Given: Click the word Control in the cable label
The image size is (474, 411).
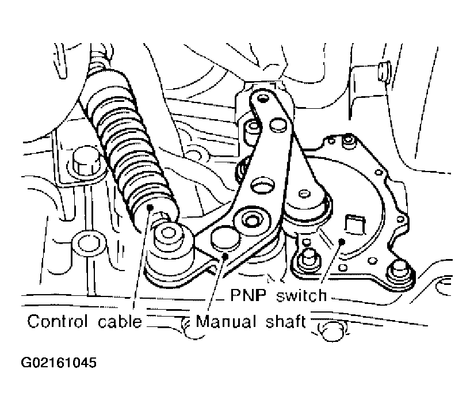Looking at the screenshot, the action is (x=58, y=321).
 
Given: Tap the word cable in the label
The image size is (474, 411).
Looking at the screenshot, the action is (x=120, y=321).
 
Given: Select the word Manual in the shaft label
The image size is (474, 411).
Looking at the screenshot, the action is (x=226, y=321).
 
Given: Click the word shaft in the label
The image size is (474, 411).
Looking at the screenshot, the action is (x=286, y=321).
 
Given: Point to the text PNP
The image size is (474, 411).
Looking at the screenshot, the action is (x=249, y=295).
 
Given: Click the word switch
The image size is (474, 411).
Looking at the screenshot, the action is (x=301, y=295).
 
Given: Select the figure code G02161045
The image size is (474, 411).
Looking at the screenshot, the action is (x=59, y=362).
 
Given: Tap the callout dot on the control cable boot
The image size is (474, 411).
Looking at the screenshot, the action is (x=150, y=207).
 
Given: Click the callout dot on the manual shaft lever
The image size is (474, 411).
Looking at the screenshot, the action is (x=225, y=256).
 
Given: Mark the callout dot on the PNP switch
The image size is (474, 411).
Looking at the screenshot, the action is (x=342, y=241).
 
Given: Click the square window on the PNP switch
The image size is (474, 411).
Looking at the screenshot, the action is (x=355, y=224).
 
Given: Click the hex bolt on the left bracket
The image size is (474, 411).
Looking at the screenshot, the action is (x=86, y=162).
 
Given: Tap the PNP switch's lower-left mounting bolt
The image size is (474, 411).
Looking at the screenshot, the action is (x=307, y=257).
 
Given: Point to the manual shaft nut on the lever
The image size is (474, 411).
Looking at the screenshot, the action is (x=250, y=220).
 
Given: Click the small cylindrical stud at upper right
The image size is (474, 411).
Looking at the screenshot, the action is (x=384, y=71).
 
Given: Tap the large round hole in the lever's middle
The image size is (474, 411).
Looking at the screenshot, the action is (x=263, y=186).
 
